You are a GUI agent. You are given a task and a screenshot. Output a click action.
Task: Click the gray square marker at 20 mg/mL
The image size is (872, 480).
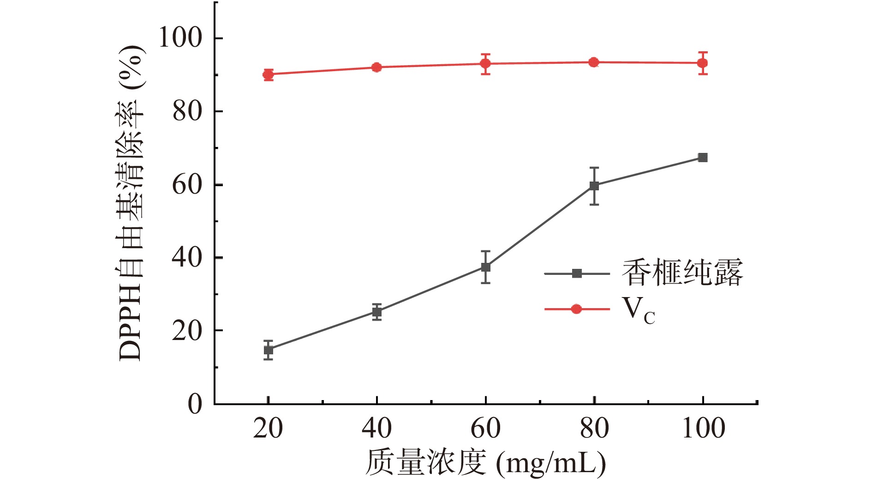[269, 350]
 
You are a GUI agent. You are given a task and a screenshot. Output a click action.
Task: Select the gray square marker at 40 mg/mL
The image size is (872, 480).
[377, 312]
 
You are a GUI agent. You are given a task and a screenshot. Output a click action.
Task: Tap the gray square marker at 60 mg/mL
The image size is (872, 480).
[485, 267]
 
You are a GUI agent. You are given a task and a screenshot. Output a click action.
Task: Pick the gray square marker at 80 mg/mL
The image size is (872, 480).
[594, 186]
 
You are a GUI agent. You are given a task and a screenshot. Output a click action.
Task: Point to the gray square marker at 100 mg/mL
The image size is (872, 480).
[703, 158]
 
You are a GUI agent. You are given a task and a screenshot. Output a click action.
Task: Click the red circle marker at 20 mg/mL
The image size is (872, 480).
[268, 74]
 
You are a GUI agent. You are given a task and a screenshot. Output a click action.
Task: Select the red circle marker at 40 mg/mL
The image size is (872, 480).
[376, 67]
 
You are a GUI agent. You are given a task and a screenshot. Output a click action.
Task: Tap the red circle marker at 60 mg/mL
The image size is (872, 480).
[485, 64]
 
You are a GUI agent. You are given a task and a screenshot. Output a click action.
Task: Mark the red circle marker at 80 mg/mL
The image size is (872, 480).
[594, 62]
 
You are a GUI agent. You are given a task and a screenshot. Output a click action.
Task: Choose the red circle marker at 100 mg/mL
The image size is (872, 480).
[703, 63]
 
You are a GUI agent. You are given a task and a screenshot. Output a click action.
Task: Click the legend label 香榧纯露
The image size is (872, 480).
[682, 273]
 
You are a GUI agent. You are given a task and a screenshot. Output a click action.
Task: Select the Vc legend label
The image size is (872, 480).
[639, 310]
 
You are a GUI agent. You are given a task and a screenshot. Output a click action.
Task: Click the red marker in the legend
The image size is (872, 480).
[576, 309]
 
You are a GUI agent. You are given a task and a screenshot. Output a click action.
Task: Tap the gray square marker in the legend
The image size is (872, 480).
[577, 273]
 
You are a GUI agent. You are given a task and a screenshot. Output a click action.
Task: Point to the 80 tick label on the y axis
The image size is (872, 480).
[187, 111]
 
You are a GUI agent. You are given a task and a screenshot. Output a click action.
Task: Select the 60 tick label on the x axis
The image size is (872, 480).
[485, 428]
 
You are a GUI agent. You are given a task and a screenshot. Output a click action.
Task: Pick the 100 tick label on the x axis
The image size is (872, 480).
[703, 428]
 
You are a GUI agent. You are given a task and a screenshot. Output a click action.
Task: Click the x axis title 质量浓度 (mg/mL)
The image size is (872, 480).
[485, 462]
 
